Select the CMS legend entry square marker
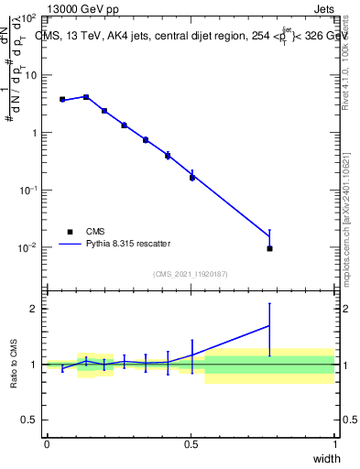pyautogui.click(x=69, y=232)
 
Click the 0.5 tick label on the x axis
pyautogui.click(x=191, y=444)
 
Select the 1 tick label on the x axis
pyautogui.click(x=335, y=444)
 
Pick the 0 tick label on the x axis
pyautogui.click(x=47, y=444)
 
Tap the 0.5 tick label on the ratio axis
pyautogui.click(x=28, y=420)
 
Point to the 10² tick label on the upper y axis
pyautogui.click(x=27, y=18)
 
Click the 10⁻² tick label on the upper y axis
pyautogui.click(x=27, y=248)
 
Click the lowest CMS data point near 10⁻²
pyautogui.click(x=269, y=248)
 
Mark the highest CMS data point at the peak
pyautogui.click(x=86, y=96)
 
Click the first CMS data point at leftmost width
pyautogui.click(x=62, y=99)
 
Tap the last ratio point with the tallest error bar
pyautogui.click(x=269, y=325)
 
